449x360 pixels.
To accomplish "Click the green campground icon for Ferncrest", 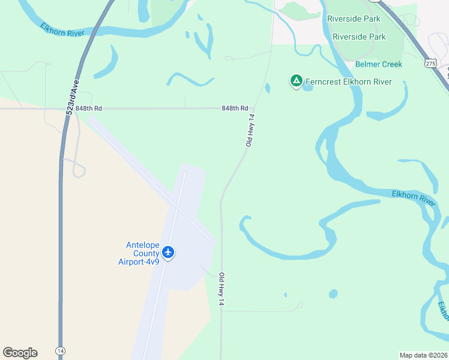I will pos(296,81).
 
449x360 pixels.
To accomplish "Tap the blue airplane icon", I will pos(168,252).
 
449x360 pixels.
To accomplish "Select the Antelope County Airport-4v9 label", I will pos(142,253).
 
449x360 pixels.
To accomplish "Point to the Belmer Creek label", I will pos(379,64).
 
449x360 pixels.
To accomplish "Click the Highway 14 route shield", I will pos(60,350).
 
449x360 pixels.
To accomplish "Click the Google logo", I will pos(20,353).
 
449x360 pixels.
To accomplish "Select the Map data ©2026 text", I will pos(423,355).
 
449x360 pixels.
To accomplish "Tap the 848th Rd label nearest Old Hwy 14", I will pos(235,109).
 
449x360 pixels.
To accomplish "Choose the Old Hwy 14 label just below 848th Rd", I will pos(252,132).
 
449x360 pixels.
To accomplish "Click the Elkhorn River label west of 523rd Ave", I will pos(62,29).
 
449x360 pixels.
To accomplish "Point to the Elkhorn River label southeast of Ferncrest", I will pos(414,197).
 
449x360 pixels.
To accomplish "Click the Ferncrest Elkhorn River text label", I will pos(349,82).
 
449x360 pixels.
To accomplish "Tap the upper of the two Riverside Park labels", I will pos(354,19).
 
